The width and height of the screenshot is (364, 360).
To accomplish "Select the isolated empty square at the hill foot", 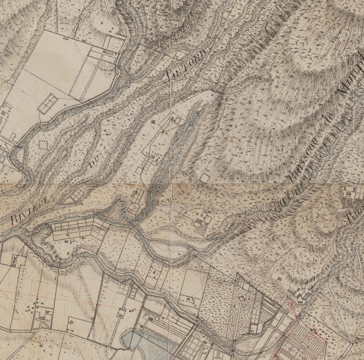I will point(205,177).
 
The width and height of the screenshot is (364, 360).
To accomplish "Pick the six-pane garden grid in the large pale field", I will point(48,103).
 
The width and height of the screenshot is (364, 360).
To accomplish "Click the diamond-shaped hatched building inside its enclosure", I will point(71,322).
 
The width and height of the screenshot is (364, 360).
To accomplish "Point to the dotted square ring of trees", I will point(43,145).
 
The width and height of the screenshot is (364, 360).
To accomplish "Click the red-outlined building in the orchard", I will point(242,296).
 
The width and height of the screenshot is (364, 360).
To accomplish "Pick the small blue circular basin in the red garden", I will point(326,342).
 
